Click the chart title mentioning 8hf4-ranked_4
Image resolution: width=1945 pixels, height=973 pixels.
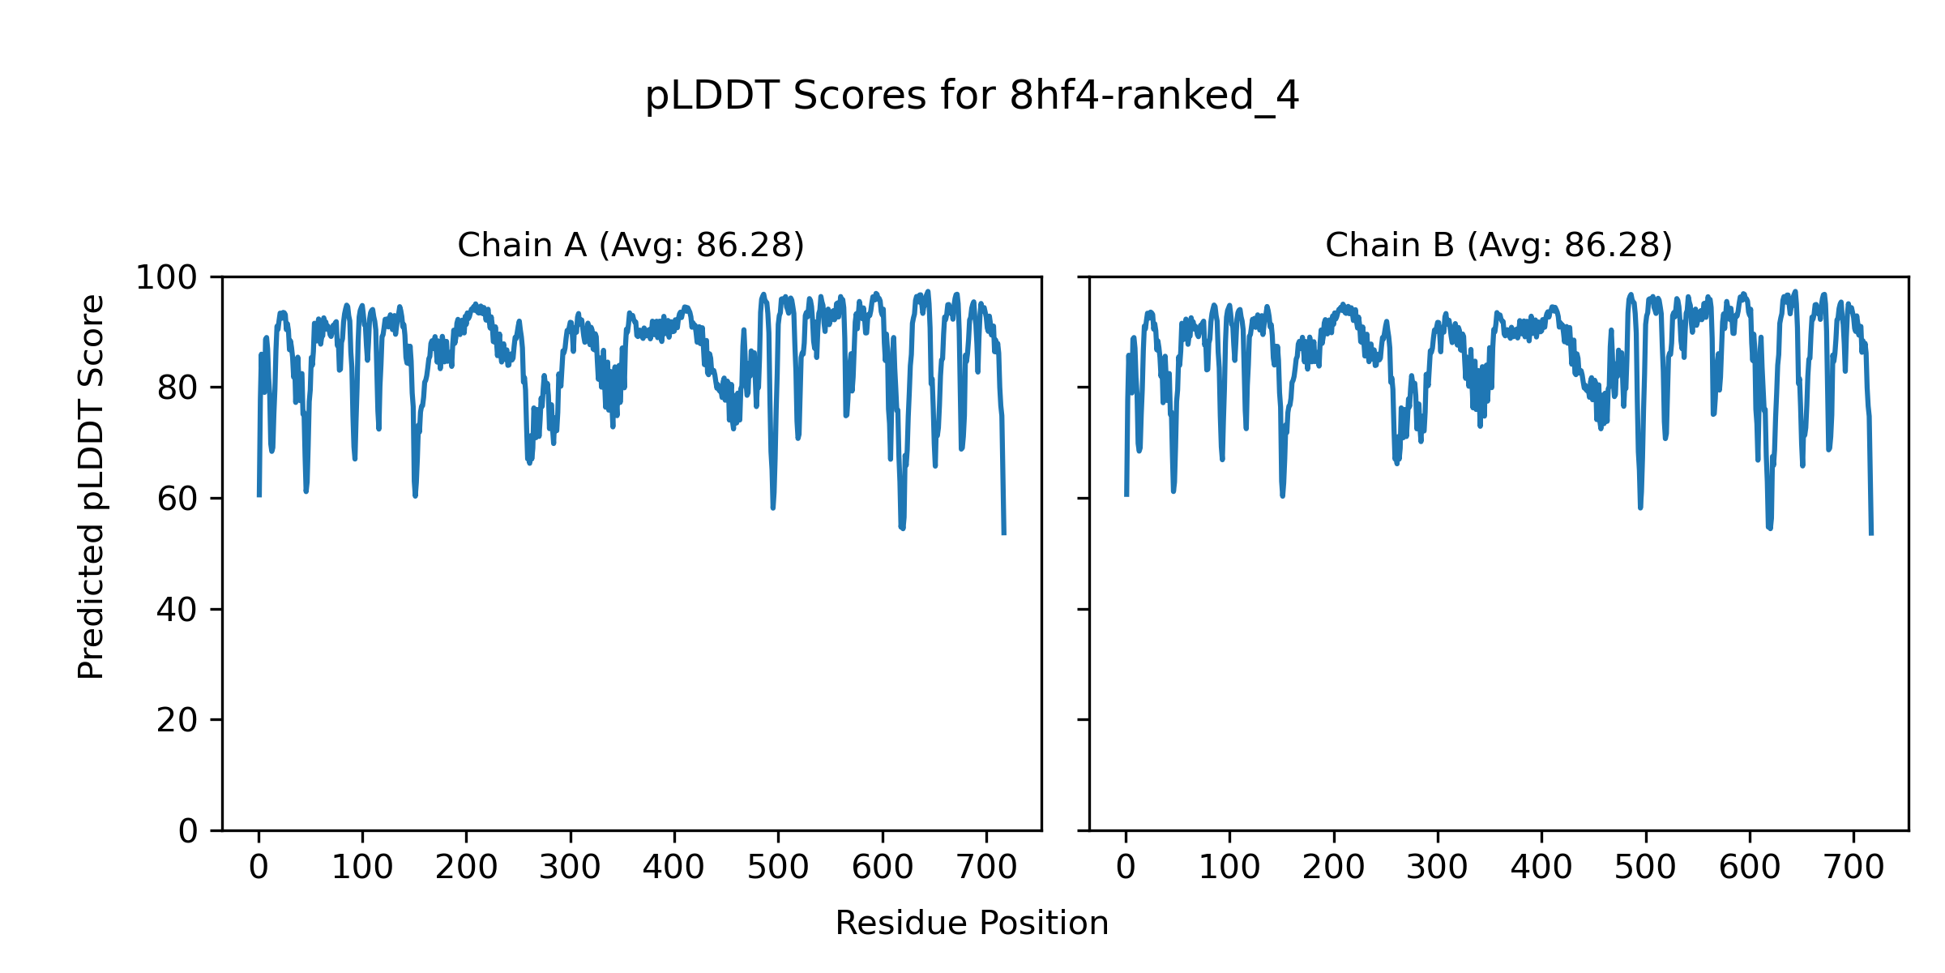972,96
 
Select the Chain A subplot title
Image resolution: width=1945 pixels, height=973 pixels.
631,245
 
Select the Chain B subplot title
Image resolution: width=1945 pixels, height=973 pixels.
1498,245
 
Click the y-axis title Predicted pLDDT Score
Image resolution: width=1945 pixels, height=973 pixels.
92,486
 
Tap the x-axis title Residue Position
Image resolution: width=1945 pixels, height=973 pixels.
972,924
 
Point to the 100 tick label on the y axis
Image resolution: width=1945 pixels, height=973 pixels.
166,278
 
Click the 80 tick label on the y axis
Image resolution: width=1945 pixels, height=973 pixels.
177,388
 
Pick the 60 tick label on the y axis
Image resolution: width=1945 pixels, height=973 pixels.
177,499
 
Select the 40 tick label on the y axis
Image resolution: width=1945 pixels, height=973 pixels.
177,610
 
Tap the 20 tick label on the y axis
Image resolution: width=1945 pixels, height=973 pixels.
177,720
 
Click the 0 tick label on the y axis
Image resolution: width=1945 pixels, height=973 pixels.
187,831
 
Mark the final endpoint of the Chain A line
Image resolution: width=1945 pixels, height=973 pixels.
1004,534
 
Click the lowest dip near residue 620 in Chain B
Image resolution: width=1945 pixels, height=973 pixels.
1770,528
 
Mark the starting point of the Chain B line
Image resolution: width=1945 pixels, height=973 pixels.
1126,495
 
